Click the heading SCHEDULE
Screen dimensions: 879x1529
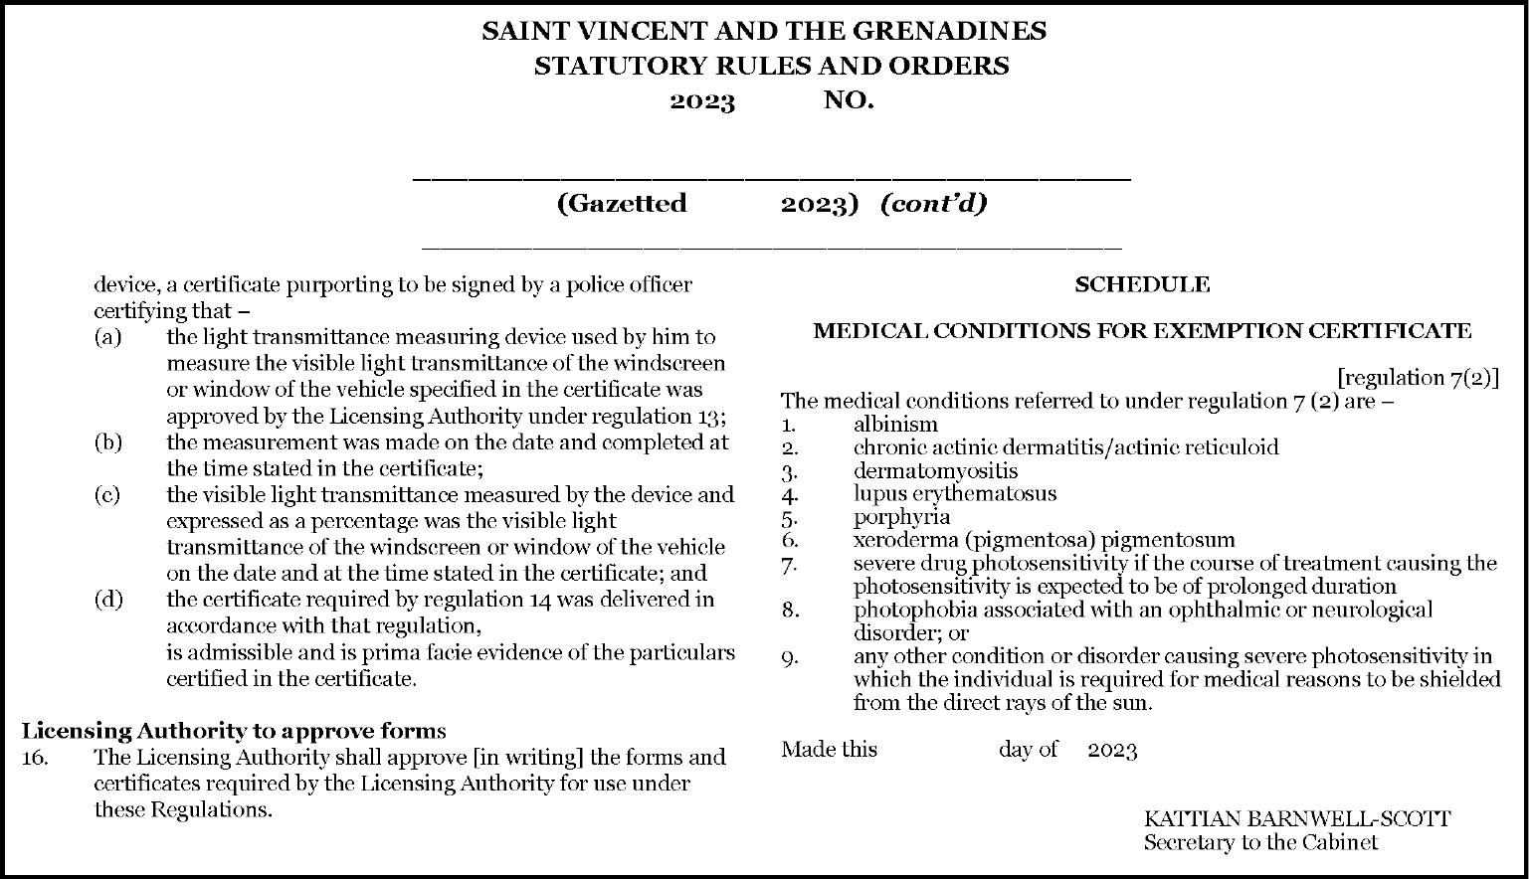click(1141, 285)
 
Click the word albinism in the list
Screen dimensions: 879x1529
click(895, 425)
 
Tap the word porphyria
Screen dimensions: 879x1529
click(901, 517)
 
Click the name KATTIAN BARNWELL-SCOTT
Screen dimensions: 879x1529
click(1296, 819)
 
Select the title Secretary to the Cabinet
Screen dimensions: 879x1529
click(1260, 843)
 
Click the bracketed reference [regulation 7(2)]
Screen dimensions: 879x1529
click(1418, 378)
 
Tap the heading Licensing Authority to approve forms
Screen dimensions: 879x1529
click(234, 731)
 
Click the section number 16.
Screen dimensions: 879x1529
click(35, 758)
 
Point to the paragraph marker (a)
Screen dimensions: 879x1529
click(107, 337)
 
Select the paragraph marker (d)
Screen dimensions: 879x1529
click(107, 600)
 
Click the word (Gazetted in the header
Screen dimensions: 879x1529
click(622, 204)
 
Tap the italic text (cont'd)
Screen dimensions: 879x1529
click(933, 204)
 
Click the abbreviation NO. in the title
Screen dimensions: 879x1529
click(849, 100)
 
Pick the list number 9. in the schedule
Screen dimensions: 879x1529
click(789, 656)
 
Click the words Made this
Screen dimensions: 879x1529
click(829, 750)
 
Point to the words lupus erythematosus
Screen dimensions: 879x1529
click(955, 493)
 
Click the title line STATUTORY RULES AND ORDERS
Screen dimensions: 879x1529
click(771, 67)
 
